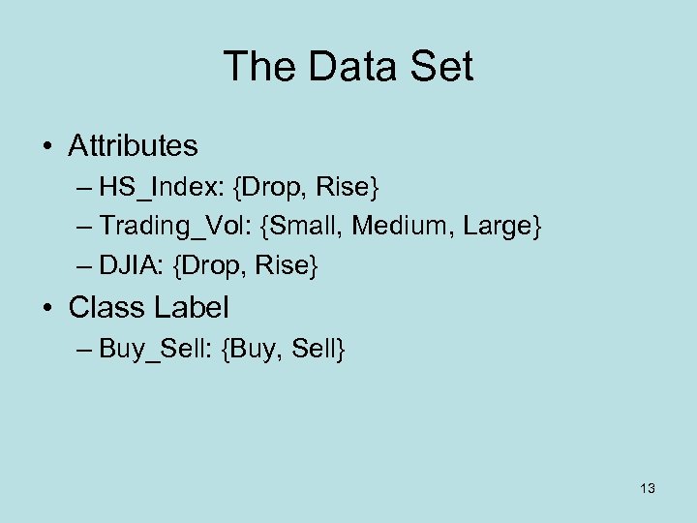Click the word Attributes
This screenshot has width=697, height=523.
[133, 146]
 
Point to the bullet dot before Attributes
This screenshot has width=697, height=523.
[48, 147]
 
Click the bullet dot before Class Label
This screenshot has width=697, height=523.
[48, 309]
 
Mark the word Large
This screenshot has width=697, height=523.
[495, 226]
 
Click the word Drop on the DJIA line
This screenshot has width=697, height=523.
[225, 264]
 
